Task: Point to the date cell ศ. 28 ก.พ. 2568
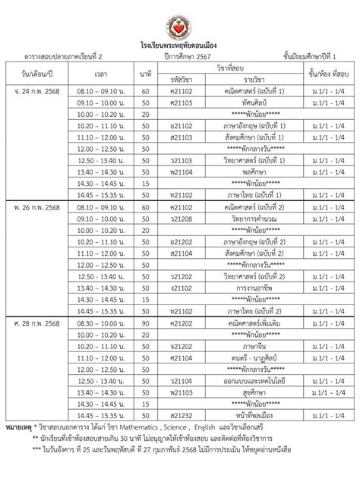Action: point(36,323)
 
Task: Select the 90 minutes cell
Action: point(146,323)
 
